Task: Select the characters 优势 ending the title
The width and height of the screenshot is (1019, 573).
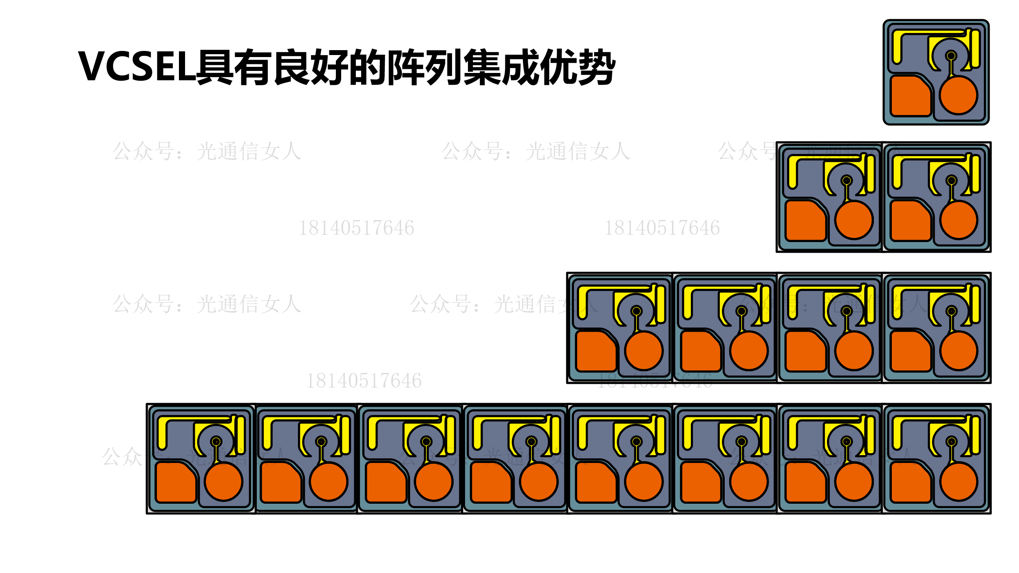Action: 578,67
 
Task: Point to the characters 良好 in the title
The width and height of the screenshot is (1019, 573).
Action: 310,67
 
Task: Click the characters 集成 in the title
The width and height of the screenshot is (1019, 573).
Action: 501,67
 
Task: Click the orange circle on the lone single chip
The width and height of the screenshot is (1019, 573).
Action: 958,95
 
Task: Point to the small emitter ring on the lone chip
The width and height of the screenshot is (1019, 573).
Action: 951,56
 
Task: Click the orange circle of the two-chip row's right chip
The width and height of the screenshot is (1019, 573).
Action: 958,220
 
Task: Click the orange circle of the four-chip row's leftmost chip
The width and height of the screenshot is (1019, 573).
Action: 644,351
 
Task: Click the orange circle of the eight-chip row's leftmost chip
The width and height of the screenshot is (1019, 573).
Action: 224,482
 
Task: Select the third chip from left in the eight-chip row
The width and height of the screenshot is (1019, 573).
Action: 410,459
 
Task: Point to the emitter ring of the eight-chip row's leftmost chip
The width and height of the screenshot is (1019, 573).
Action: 216,442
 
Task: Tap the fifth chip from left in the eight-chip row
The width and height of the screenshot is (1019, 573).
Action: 620,459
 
